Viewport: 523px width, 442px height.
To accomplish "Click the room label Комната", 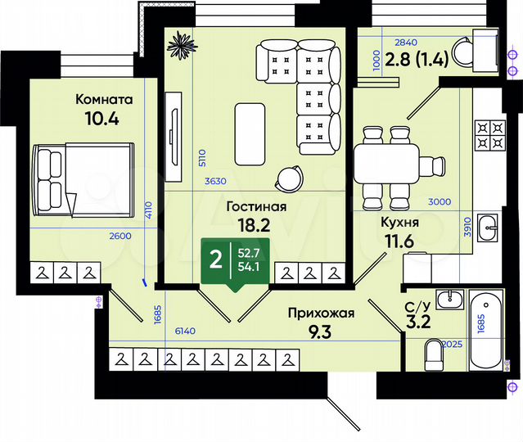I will pyautogui.click(x=104, y=99).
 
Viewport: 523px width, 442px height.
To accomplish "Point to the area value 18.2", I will pyautogui.click(x=255, y=224).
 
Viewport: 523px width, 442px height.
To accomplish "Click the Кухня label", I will pyautogui.click(x=400, y=222).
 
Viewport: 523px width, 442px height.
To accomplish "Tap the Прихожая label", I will pyautogui.click(x=320, y=311).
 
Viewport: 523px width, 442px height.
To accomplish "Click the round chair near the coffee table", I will pyautogui.click(x=288, y=178).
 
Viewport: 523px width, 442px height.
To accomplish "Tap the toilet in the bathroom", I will pyautogui.click(x=435, y=353).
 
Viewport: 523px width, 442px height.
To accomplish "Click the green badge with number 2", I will pyautogui.click(x=216, y=260).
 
